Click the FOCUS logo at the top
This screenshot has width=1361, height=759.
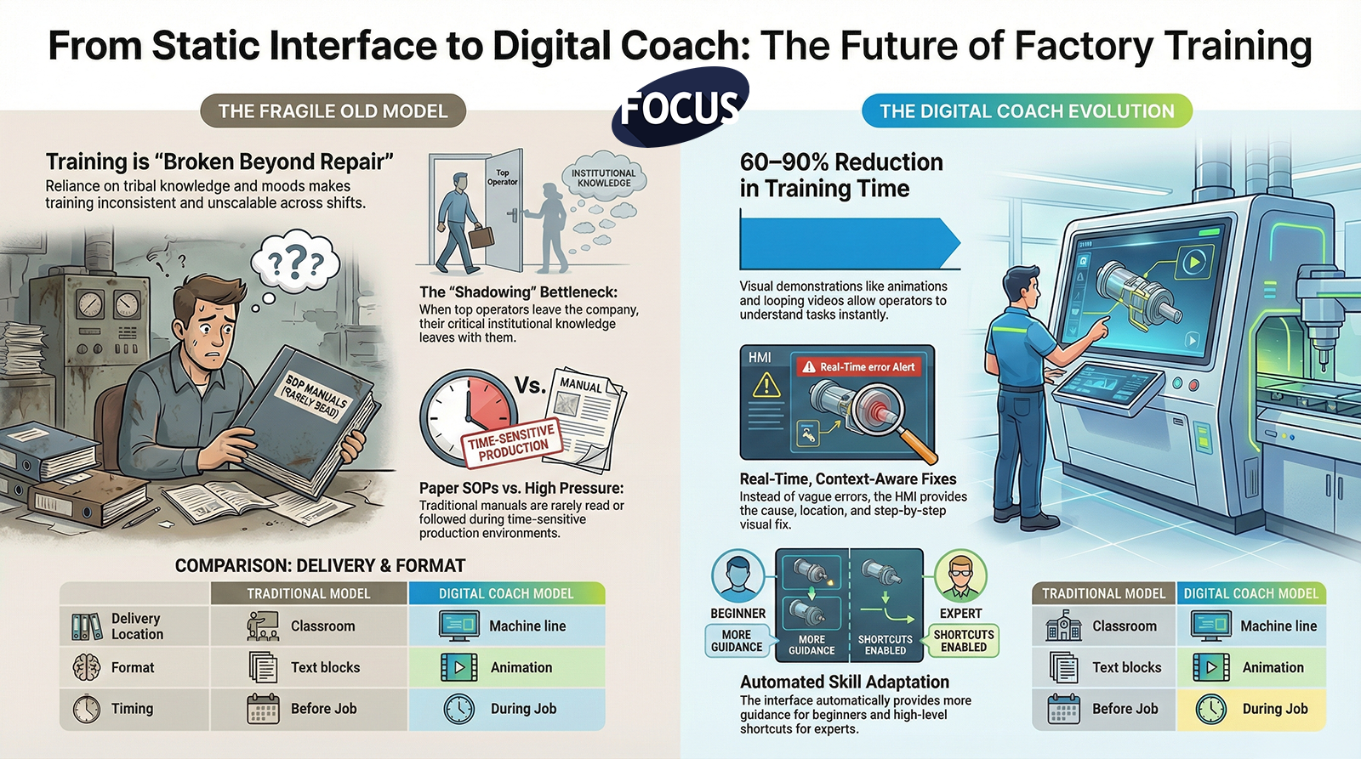pyautogui.click(x=680, y=107)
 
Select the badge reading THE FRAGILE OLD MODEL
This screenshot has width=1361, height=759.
pyautogui.click(x=333, y=111)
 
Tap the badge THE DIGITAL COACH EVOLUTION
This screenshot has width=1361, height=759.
pyautogui.click(x=1027, y=111)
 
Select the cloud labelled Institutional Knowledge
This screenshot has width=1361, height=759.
pyautogui.click(x=603, y=178)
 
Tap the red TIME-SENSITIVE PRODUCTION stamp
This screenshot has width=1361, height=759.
pyautogui.click(x=511, y=444)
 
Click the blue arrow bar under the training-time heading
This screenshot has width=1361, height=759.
pyautogui.click(x=850, y=243)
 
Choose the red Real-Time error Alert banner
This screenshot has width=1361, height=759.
pyautogui.click(x=859, y=366)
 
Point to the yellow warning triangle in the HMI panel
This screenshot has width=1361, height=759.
pyautogui.click(x=766, y=385)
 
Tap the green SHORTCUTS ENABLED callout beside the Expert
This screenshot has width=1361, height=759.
pyautogui.click(x=962, y=641)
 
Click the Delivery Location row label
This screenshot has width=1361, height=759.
pyautogui.click(x=137, y=626)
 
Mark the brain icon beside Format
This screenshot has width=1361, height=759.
pyautogui.click(x=86, y=667)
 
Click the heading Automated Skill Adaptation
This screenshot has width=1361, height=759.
pyautogui.click(x=845, y=682)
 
